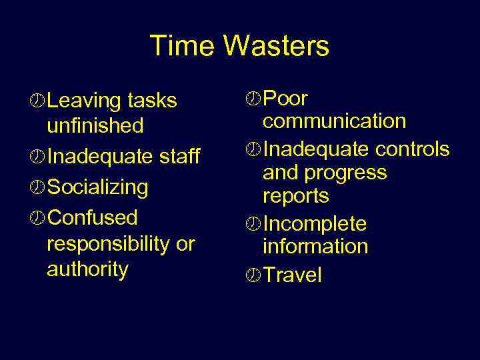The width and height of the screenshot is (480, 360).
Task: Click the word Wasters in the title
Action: [x=276, y=46]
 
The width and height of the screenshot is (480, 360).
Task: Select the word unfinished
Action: [x=95, y=125]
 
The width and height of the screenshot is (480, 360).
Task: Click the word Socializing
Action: [x=98, y=187]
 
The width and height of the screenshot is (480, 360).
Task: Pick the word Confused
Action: [x=93, y=218]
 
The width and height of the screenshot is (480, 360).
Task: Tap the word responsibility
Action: [x=108, y=244]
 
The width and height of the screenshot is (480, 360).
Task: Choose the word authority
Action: [x=87, y=269]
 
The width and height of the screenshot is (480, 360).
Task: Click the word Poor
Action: [x=285, y=99]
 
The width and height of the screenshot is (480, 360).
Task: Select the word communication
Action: [x=334, y=121]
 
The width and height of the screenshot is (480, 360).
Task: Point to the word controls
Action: [x=412, y=149]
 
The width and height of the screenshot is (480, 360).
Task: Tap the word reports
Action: [x=296, y=197]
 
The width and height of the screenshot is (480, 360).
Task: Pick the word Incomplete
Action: [x=315, y=224]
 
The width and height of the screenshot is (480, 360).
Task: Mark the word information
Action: [x=315, y=247]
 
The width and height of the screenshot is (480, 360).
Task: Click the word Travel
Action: [x=293, y=275]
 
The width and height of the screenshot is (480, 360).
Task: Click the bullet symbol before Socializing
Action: [x=39, y=187]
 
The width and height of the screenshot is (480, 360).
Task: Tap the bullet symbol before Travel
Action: [x=254, y=275]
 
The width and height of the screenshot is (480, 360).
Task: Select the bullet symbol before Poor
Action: [x=254, y=99]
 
